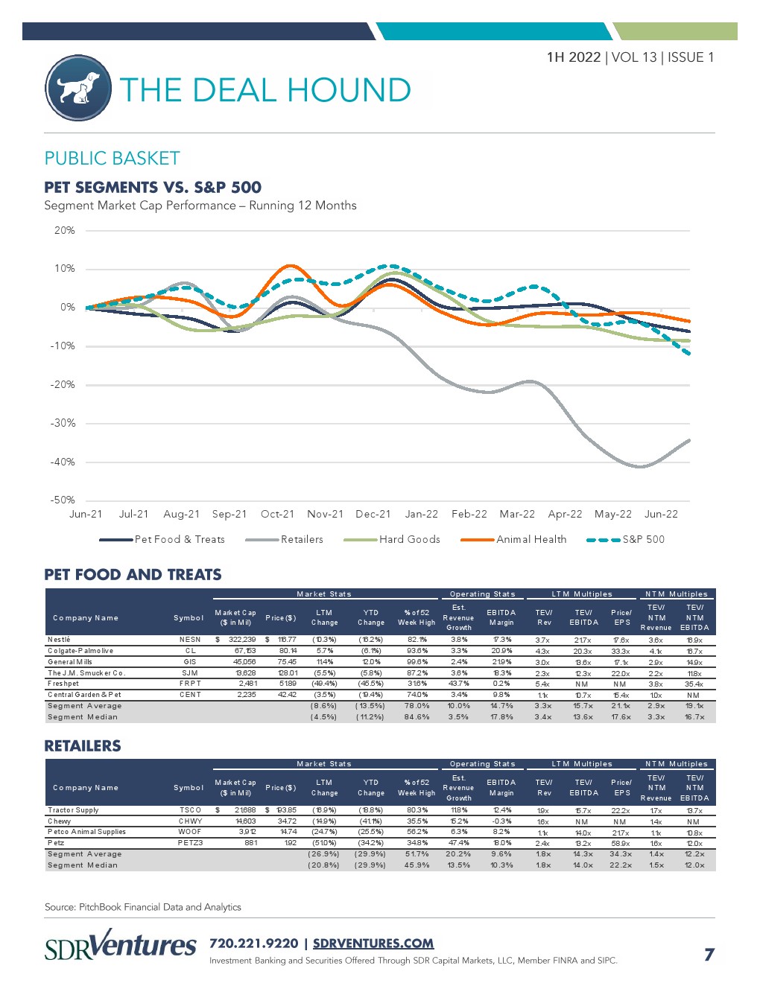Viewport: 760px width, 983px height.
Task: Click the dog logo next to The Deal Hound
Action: (78, 88)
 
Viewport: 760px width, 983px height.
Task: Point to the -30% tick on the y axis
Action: (63, 423)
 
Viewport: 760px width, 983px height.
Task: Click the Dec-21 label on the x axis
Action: (373, 514)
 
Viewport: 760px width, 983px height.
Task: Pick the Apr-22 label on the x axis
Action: (565, 514)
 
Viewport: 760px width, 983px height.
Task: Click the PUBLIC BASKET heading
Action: (112, 158)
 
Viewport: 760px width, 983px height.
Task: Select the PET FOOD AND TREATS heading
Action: (133, 574)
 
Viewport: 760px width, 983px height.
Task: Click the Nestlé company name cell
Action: (59, 640)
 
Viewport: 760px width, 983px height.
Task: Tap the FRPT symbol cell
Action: (190, 684)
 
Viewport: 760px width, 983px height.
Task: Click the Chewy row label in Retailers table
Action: (60, 821)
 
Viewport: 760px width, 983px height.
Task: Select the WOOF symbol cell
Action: (190, 832)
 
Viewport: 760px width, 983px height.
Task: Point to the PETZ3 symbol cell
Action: (190, 843)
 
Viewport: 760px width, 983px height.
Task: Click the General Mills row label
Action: (70, 661)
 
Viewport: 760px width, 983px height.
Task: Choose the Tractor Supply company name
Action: (73, 809)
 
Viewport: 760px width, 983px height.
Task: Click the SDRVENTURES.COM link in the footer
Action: (373, 943)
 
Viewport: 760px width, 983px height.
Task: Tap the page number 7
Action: (709, 954)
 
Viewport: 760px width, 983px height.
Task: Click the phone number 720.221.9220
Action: (253, 943)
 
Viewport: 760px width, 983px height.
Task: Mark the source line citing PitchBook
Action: (143, 907)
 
